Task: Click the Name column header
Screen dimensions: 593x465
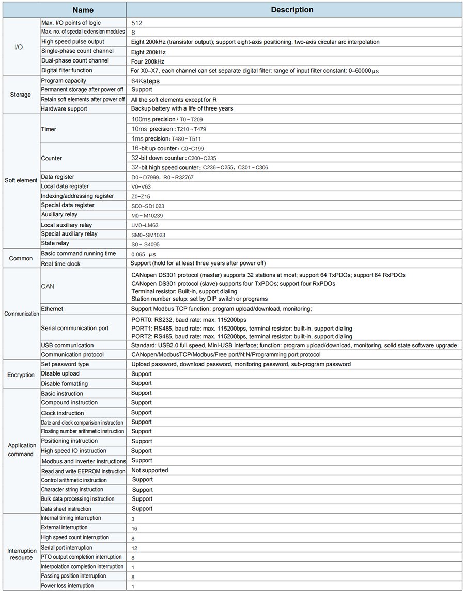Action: coord(83,10)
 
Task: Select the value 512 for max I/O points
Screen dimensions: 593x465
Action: coord(137,23)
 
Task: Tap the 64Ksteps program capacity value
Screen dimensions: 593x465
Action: coord(146,81)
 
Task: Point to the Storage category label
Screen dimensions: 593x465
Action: coord(21,95)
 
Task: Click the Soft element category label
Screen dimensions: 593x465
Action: coord(21,181)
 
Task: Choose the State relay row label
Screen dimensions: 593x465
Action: coord(55,243)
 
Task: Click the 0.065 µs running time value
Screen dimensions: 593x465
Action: coord(144,254)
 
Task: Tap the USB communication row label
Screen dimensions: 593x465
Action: coord(67,345)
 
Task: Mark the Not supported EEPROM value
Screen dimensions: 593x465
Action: coord(149,471)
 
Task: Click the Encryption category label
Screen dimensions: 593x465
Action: coord(21,374)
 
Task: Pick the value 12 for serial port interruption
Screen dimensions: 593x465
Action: coord(134,548)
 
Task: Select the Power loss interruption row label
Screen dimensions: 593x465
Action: coord(67,586)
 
